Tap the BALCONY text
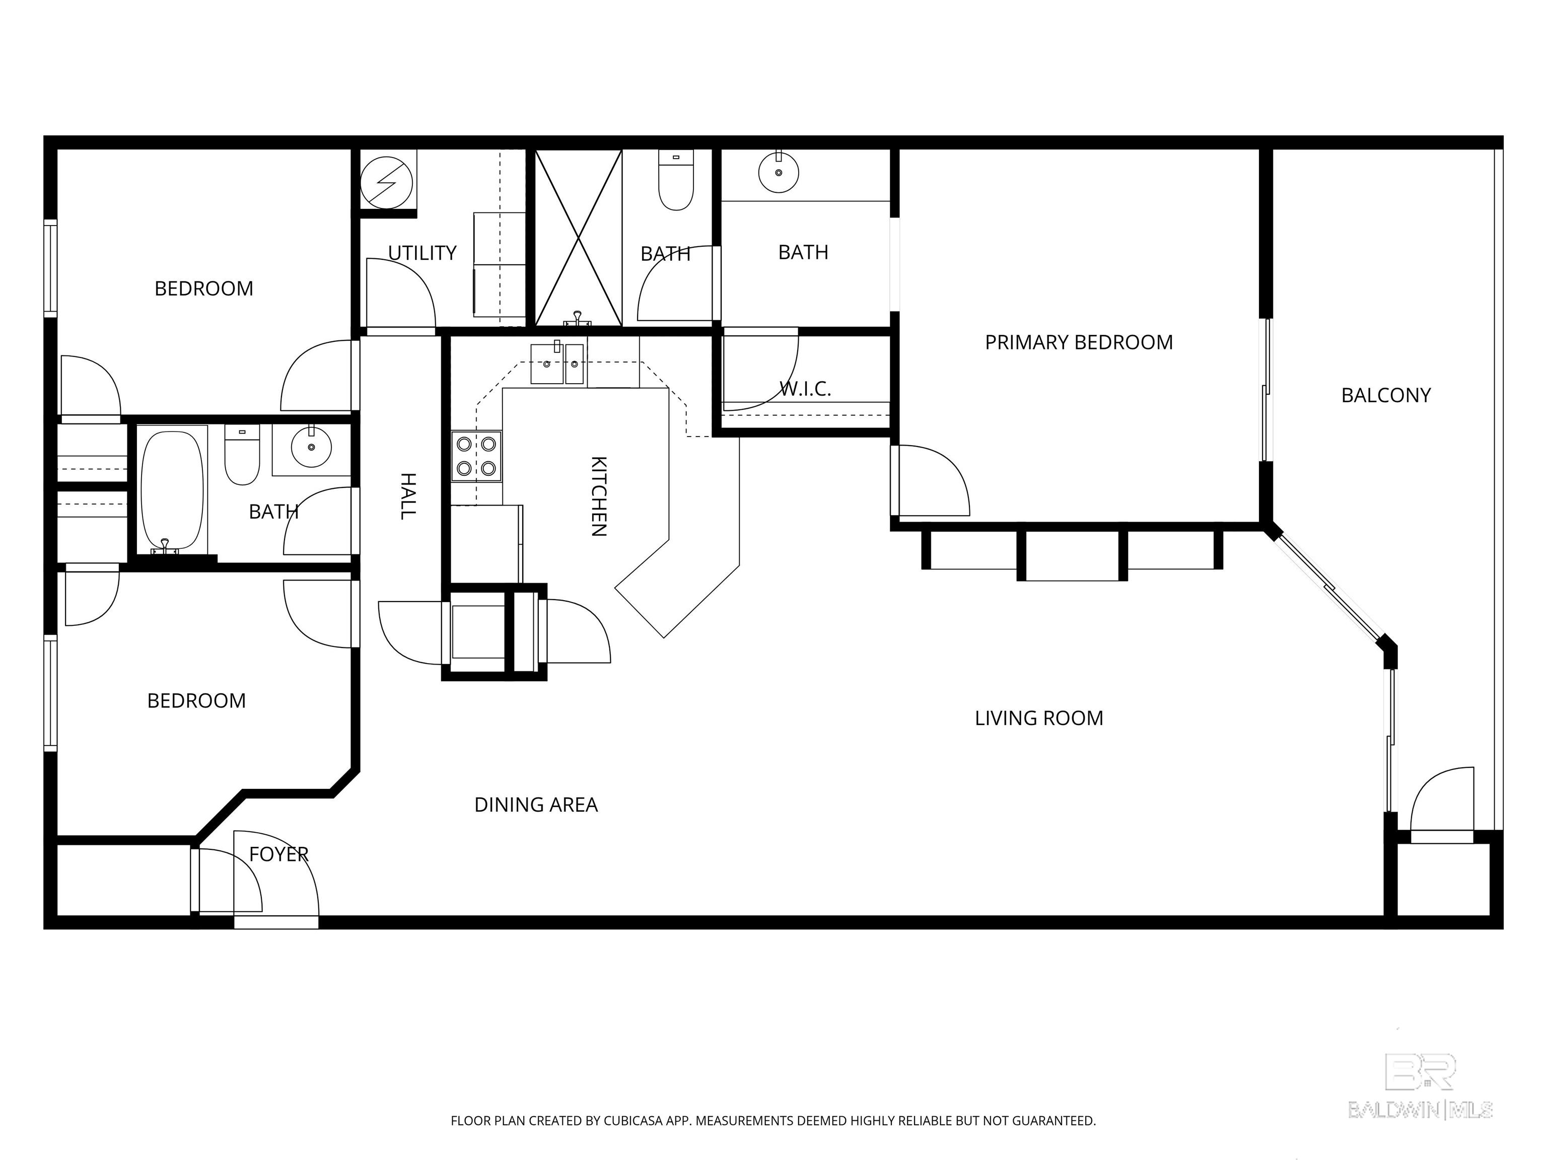[x=1385, y=395]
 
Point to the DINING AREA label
[x=536, y=805]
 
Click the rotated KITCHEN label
[x=599, y=496]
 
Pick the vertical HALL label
[x=408, y=496]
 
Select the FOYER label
[x=278, y=854]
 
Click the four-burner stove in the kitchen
[x=476, y=456]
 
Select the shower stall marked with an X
[x=579, y=238]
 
